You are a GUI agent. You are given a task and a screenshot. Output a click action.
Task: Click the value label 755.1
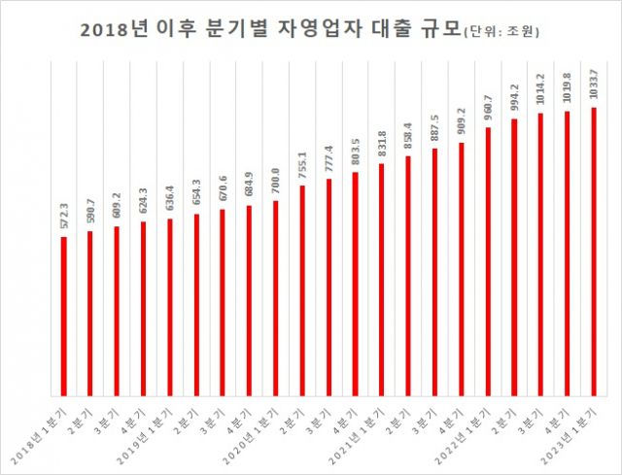coord(302,166)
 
